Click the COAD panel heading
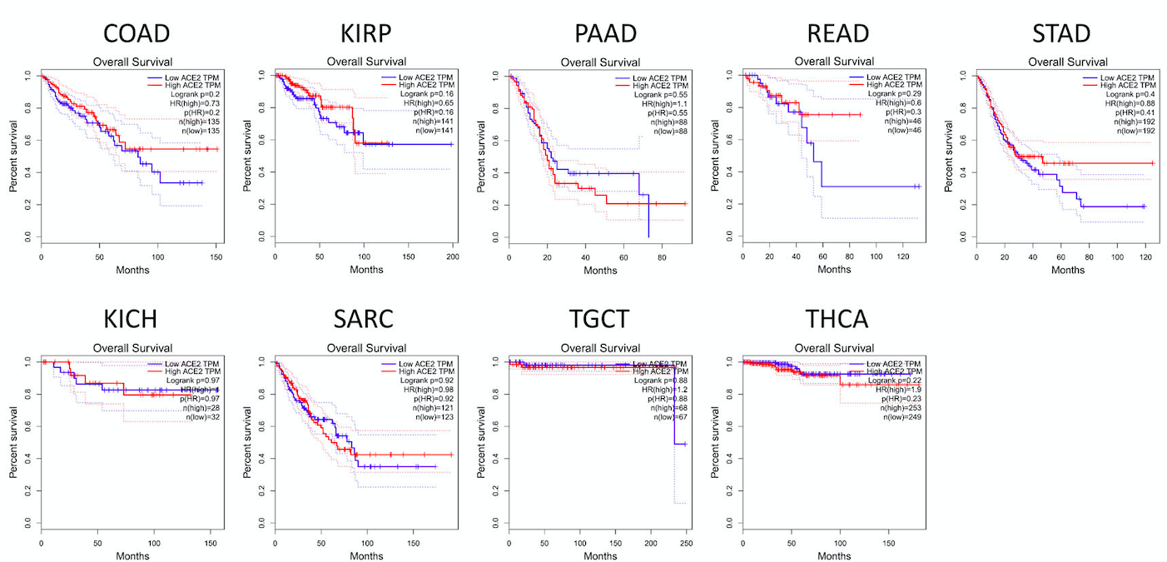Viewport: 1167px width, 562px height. (x=137, y=34)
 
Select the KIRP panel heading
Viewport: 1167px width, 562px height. (x=366, y=34)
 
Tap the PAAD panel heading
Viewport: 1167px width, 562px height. (x=605, y=34)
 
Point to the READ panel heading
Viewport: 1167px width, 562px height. (x=837, y=34)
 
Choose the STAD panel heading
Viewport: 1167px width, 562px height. (x=1060, y=34)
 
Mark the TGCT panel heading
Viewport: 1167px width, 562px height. (x=601, y=320)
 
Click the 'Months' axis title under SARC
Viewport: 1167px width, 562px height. (x=366, y=555)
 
